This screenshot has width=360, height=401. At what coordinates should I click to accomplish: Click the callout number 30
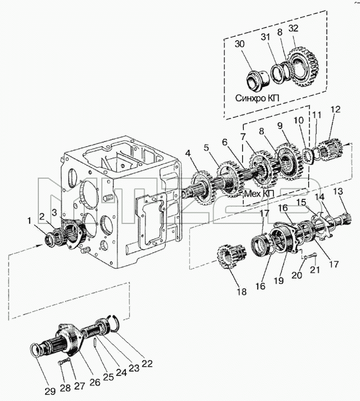(x=239, y=44)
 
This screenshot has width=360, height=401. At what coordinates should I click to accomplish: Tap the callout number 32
(x=293, y=28)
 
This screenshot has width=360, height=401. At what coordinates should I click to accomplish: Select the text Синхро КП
(x=258, y=98)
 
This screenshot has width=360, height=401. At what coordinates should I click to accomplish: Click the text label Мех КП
(x=259, y=194)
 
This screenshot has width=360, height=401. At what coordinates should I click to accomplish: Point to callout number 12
(x=336, y=109)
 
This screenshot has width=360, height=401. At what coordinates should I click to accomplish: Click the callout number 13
(x=338, y=191)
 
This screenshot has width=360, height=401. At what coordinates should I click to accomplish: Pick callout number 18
(x=242, y=291)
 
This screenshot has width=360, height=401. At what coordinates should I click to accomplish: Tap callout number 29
(x=50, y=391)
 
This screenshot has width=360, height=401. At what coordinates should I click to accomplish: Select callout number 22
(x=147, y=363)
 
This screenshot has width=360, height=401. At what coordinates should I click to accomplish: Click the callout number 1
(x=30, y=221)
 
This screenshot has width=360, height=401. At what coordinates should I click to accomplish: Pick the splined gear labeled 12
(x=331, y=150)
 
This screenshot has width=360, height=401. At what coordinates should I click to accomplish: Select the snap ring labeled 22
(x=114, y=324)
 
